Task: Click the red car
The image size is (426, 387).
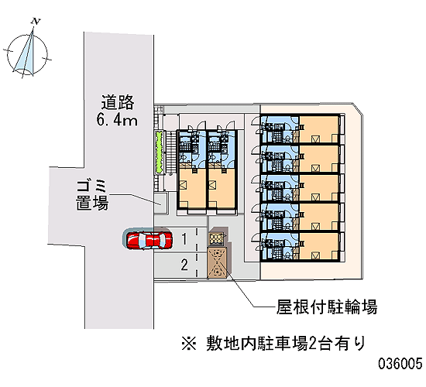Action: (x=149, y=240)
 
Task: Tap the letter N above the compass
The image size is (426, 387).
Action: (x=36, y=21)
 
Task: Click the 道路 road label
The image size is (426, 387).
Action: (x=118, y=102)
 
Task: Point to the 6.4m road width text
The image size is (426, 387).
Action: (x=117, y=120)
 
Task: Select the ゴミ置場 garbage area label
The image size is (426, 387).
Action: (x=92, y=195)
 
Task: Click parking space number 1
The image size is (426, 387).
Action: (x=184, y=239)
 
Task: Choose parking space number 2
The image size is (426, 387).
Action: (x=184, y=265)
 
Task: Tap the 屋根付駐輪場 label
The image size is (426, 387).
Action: (x=327, y=307)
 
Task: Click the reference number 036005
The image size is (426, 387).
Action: (x=400, y=363)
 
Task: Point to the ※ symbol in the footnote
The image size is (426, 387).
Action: (x=189, y=344)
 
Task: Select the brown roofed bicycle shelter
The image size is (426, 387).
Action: (x=217, y=263)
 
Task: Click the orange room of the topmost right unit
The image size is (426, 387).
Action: (x=318, y=129)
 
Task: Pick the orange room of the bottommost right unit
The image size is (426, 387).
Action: (x=318, y=246)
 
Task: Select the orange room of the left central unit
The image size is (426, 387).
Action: (x=192, y=189)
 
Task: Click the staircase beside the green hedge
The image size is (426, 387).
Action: (x=171, y=152)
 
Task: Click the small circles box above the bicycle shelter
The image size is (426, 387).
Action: (x=217, y=239)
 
